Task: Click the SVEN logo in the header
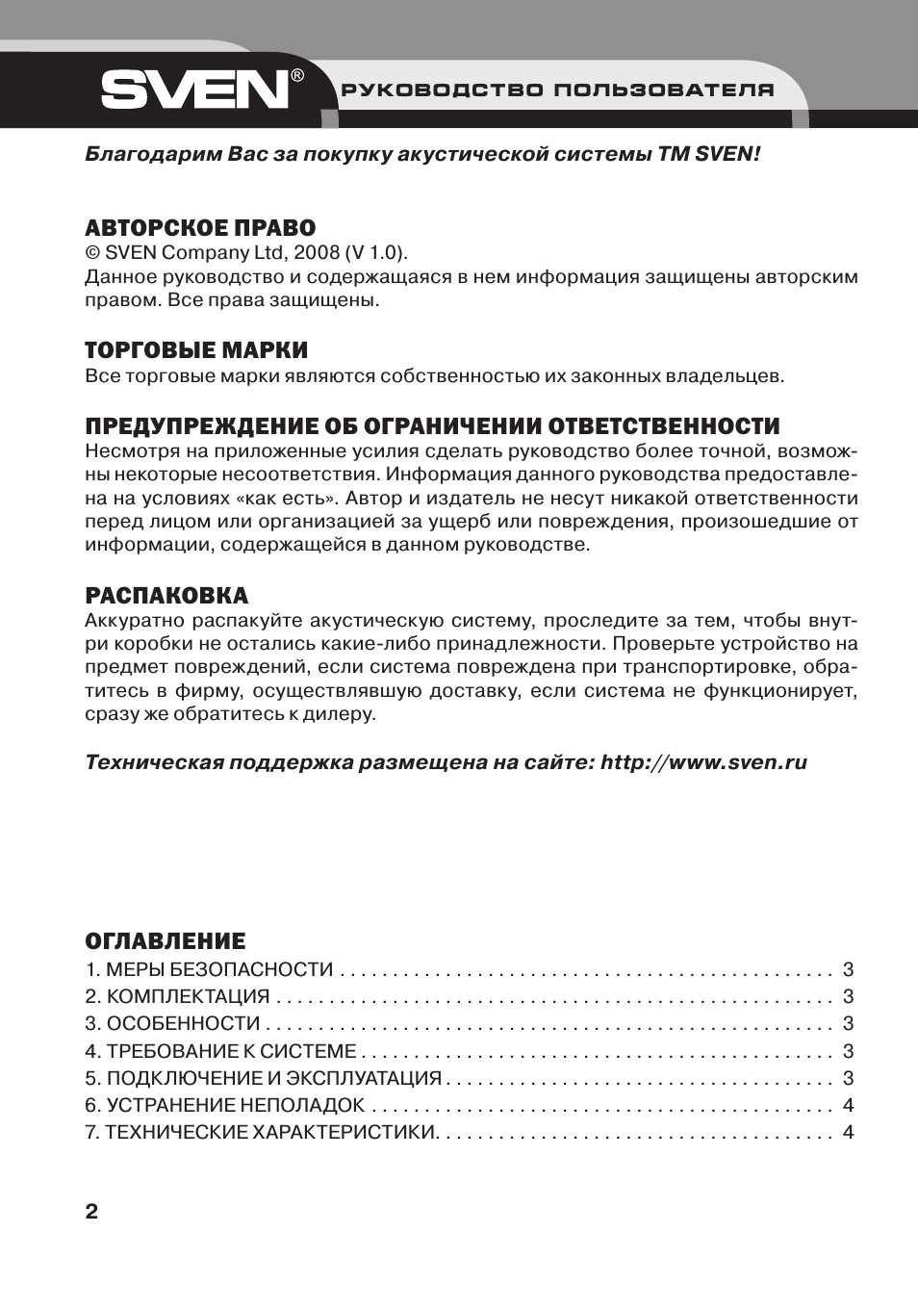coord(194,90)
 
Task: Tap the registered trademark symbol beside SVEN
coord(298,75)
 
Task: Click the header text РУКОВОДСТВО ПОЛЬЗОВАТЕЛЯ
coord(557,90)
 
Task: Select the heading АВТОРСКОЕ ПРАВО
coord(200,228)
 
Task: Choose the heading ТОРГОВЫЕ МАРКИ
coord(196,349)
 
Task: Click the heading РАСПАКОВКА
coord(166,595)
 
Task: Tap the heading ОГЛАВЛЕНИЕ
coord(166,940)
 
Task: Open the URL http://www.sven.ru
coord(703,762)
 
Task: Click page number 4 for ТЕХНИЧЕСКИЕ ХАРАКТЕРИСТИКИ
coord(848,1132)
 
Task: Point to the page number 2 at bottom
coord(91,1211)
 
